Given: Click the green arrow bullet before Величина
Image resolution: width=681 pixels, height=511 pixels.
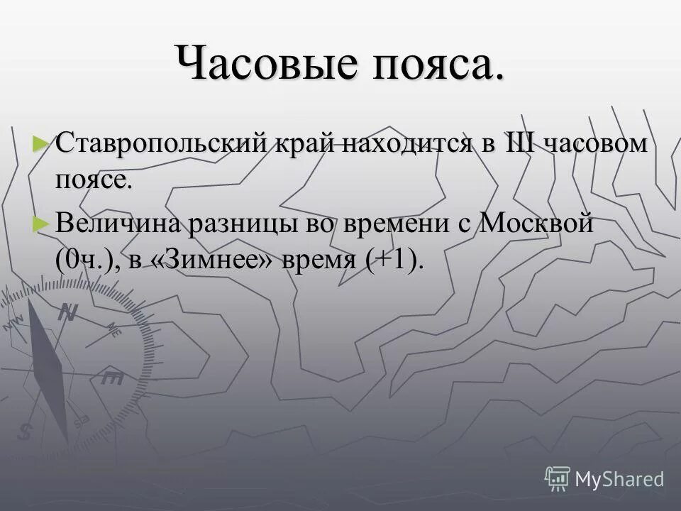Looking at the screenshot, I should coord(42,223).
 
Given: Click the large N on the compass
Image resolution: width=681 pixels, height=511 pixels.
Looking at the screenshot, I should coord(67,312).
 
